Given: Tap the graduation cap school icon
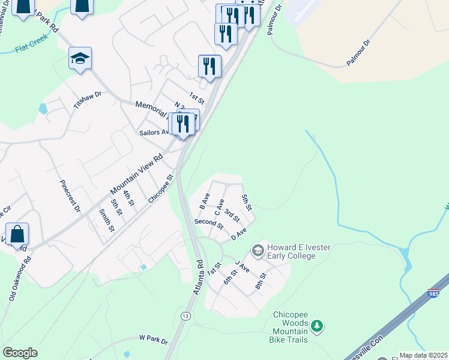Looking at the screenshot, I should click(x=80, y=59).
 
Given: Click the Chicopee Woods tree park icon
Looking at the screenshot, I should click(x=316, y=326).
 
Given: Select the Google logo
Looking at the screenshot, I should click(x=20, y=353).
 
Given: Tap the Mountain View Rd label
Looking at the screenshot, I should click(x=137, y=175).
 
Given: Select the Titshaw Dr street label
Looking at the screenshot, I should click(x=88, y=99).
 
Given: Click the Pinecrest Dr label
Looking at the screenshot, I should click(x=70, y=196).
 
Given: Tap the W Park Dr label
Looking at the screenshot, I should click(x=153, y=340).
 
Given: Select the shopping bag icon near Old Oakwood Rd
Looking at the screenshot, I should click(x=17, y=234).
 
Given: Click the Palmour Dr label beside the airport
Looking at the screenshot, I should click(x=359, y=53).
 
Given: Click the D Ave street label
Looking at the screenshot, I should click(x=239, y=233).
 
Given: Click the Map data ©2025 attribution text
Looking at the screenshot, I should click(x=423, y=355).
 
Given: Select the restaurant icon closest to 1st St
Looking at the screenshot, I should click(x=209, y=65).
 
